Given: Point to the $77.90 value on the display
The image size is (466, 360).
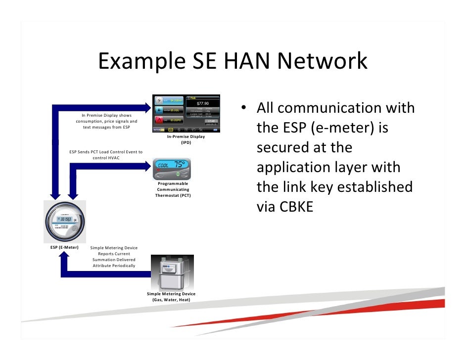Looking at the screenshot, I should click(203, 104).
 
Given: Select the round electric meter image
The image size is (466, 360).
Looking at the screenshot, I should click(64, 221).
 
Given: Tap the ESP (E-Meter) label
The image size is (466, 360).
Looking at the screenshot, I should click(64, 247).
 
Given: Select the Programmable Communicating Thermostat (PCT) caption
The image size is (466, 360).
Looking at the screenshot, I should click(173, 189).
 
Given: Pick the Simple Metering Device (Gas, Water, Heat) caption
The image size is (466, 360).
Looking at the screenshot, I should click(171, 297).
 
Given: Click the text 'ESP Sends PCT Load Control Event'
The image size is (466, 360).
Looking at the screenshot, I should click(106, 152).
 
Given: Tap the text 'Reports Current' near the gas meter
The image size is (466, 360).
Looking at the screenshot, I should click(114, 254).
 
